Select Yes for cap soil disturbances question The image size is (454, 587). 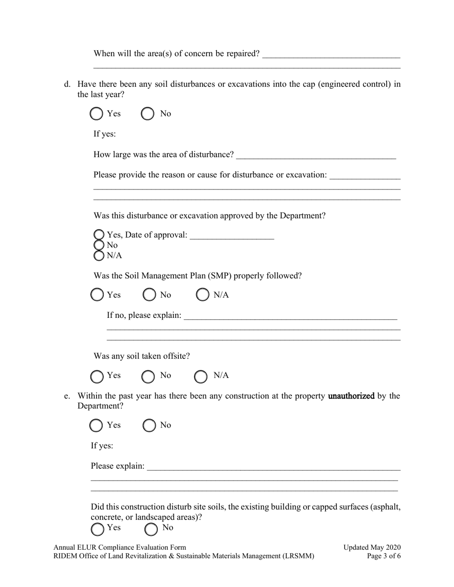pos(97,114)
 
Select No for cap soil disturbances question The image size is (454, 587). pos(148,114)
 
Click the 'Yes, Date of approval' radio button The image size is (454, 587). pos(99,235)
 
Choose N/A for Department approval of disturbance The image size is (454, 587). pos(99,256)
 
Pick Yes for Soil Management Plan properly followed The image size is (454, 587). pos(97,295)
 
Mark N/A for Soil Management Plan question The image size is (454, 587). pos(203,295)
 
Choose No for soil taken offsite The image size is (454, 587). pos(149,377)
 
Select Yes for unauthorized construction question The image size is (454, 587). pos(97,425)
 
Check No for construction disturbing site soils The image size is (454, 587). pos(151,528)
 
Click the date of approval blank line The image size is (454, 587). pos(232,236)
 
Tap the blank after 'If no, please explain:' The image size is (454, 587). pos(290,316)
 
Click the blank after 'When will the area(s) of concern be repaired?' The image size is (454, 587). pos(331,54)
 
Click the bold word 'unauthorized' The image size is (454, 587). pos(351,396)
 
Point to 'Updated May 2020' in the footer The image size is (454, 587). pos(372,547)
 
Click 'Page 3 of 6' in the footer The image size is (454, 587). pos(384,556)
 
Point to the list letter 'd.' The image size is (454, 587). pos(67,84)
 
